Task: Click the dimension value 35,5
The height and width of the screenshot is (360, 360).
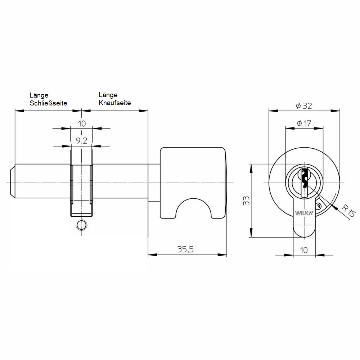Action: point(185,249)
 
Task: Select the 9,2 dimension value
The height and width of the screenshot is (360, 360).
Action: point(81,140)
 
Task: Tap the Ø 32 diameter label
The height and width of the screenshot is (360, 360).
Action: point(304,106)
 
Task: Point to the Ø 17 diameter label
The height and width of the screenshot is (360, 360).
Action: point(304,123)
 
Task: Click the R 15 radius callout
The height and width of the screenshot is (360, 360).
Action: point(348,211)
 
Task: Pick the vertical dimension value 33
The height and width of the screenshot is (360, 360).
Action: point(246,201)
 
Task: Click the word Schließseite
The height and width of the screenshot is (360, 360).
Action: point(48,103)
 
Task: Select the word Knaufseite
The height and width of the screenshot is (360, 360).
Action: point(115,103)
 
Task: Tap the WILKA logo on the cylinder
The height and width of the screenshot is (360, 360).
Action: point(304,213)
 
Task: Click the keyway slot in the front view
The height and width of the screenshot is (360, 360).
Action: point(304,181)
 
